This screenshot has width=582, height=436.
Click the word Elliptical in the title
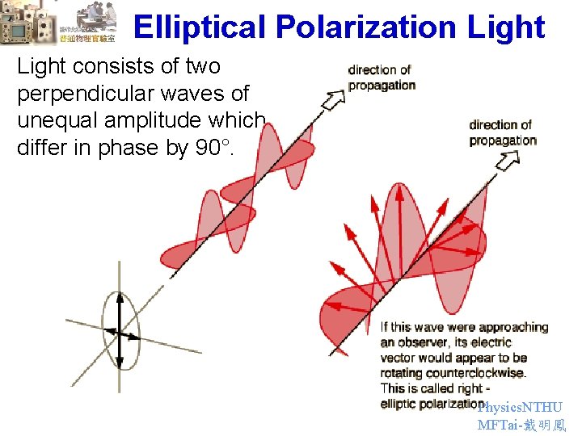tap(199, 27)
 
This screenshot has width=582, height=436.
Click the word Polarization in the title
tap(366, 27)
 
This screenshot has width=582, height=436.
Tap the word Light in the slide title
tap(506, 27)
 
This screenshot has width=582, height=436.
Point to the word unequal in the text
tap(49, 121)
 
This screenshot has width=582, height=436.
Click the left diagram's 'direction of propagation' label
tap(381, 78)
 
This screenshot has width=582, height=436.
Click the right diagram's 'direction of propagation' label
tap(502, 132)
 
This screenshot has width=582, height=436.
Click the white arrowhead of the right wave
tap(508, 161)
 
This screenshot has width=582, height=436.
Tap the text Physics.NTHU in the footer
tap(520, 408)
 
